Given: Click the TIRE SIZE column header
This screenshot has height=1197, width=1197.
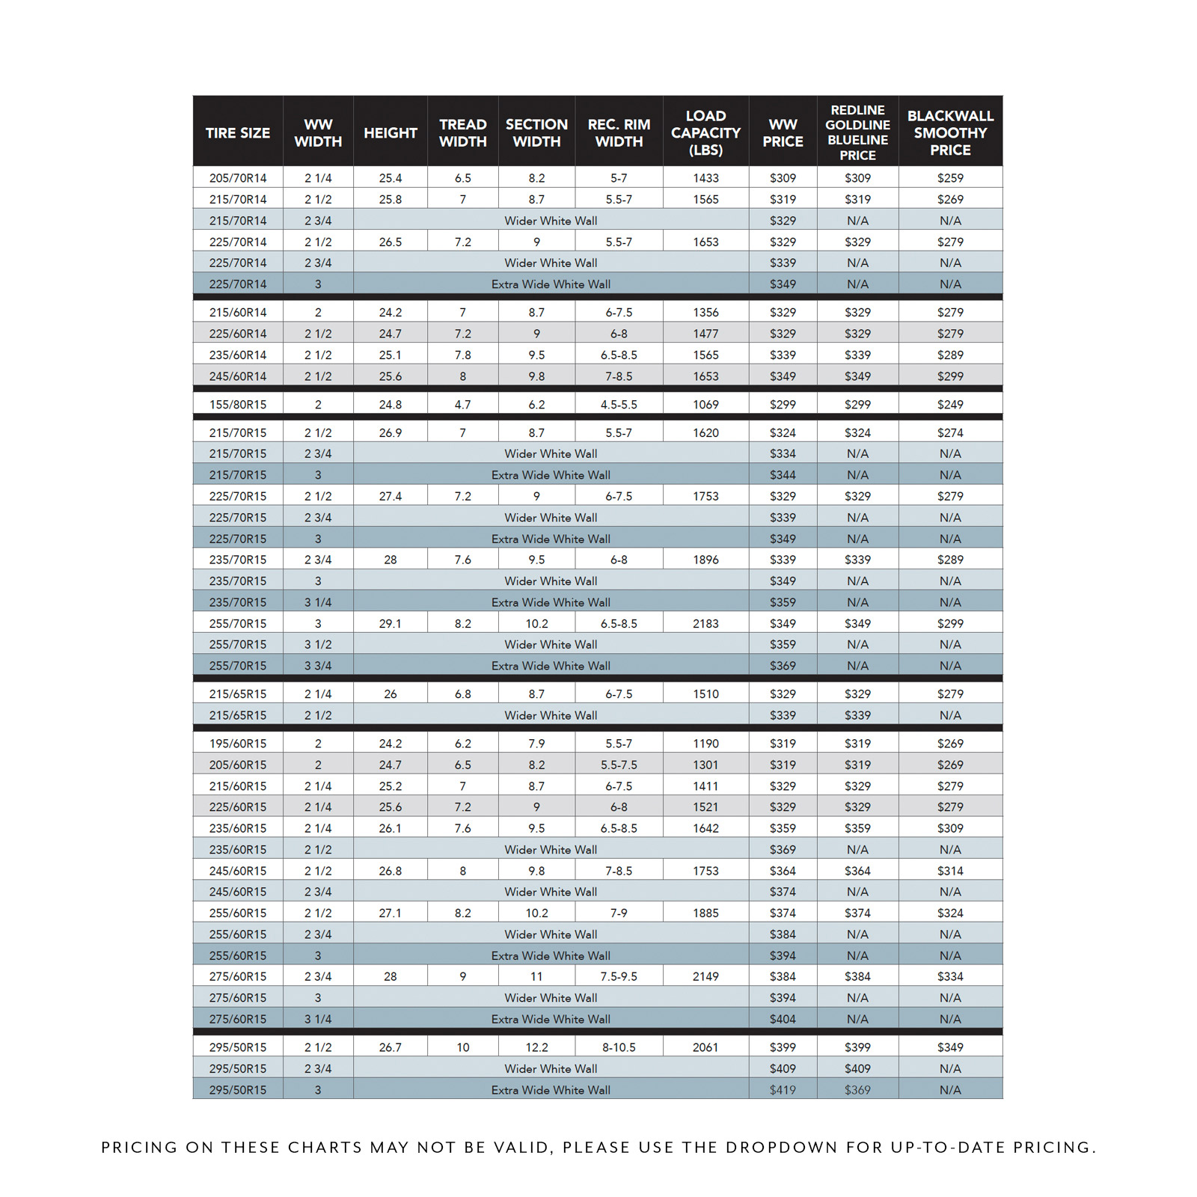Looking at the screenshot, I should (238, 133).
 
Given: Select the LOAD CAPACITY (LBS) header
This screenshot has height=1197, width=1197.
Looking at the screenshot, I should (705, 133).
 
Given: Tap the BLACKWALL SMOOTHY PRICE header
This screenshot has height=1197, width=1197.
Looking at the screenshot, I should (950, 133).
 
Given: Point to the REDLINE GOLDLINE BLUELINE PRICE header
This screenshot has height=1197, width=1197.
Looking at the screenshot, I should (857, 132).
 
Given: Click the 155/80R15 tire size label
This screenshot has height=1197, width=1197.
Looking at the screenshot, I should (238, 405).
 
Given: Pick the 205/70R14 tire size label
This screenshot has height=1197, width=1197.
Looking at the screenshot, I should (238, 178).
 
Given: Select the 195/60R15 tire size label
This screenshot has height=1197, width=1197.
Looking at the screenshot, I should (238, 744).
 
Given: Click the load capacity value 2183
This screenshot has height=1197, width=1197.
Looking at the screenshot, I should (705, 623).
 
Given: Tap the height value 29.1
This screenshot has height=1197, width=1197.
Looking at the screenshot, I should (391, 623).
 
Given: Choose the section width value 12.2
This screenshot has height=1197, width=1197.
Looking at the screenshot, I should (536, 1047).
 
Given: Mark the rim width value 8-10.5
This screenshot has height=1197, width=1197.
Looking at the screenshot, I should (619, 1047).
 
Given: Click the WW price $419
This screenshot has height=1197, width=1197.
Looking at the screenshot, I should (783, 1090).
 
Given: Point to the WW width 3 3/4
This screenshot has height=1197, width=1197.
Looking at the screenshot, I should (318, 666).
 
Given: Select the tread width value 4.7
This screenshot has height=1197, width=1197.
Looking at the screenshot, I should (463, 405).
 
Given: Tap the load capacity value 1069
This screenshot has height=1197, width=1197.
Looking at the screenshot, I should (705, 405).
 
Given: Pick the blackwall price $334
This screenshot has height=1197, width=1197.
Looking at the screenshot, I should (950, 976).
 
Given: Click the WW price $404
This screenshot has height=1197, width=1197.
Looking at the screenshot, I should (783, 1019).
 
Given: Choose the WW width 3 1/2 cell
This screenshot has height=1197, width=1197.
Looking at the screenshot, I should (318, 644).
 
